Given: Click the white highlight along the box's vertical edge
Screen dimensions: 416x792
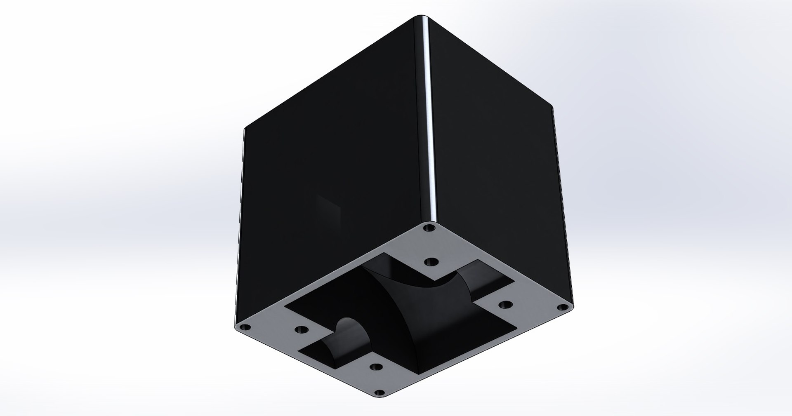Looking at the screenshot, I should click(429, 124).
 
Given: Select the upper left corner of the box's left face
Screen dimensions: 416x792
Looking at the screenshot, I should click(246, 129).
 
